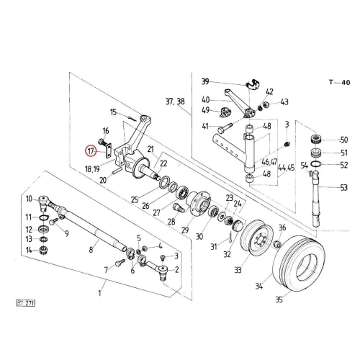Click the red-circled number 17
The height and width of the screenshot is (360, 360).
tap(90, 151)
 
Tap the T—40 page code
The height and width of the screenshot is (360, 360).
tap(340, 82)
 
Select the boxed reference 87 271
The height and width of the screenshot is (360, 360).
tap(25, 303)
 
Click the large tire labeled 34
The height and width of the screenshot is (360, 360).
tap(299, 264)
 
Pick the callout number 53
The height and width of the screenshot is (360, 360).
tap(344, 187)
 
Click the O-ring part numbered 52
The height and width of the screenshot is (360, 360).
tap(316, 164)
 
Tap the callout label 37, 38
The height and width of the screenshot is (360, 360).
tap(175, 102)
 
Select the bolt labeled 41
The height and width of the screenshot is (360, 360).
tap(224, 128)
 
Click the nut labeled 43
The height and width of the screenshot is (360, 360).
tap(266, 104)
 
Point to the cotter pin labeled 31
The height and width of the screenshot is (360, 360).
tap(230, 237)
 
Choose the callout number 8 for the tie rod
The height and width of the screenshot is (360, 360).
tap(91, 250)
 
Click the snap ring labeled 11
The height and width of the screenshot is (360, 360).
tap(44, 217)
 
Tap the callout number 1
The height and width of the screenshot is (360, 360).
tap(99, 293)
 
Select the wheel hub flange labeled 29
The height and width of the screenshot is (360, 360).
tap(198, 204)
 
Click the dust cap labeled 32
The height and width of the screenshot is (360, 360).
tap(238, 226)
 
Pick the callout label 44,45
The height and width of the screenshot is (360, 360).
tap(286, 168)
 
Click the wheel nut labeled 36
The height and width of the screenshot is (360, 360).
tap(277, 244)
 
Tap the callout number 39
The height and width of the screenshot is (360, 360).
tap(205, 81)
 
